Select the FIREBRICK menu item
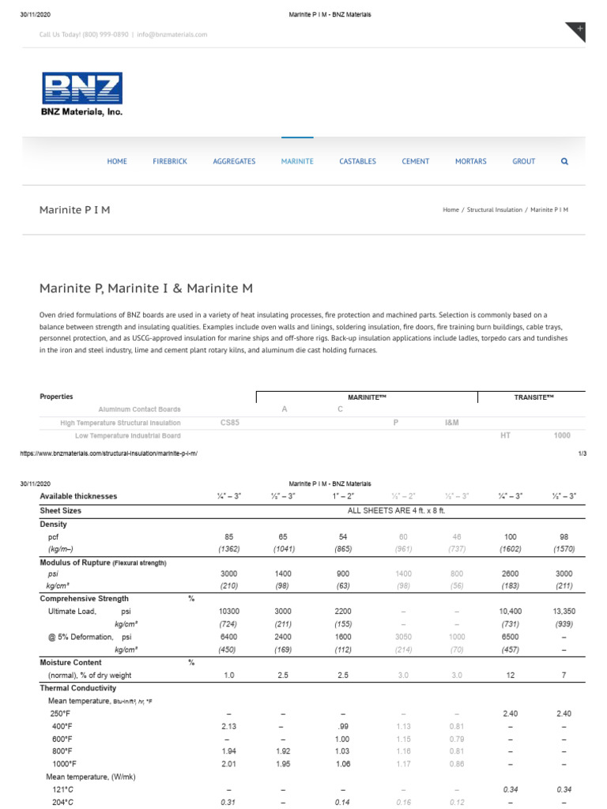click(170, 161)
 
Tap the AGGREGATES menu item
click(234, 161)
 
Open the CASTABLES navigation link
click(357, 161)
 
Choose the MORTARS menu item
click(470, 161)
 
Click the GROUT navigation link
click(523, 161)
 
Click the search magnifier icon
click(564, 161)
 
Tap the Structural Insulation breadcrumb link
click(494, 210)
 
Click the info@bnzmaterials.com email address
click(172, 35)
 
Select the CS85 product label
click(229, 423)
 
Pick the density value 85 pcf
click(229, 536)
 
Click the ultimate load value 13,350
click(564, 611)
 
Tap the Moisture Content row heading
click(70, 662)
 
